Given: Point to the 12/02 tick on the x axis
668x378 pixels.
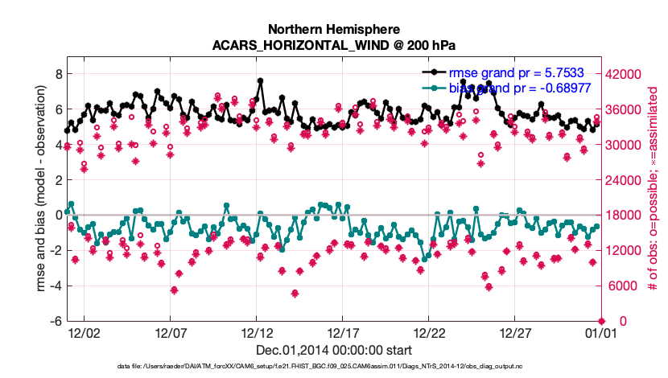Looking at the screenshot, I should click(85, 332).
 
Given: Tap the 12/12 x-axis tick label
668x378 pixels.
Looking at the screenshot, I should click(256, 332).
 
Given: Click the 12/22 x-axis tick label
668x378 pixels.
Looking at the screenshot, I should click(429, 332).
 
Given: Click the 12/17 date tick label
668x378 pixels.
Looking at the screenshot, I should click(343, 332).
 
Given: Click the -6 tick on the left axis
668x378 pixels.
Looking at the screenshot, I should click(56, 321).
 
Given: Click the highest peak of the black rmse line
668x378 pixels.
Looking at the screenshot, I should click(260, 81).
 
